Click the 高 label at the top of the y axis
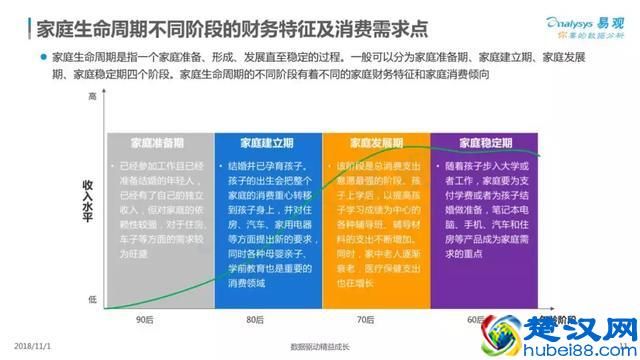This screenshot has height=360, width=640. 93,97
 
